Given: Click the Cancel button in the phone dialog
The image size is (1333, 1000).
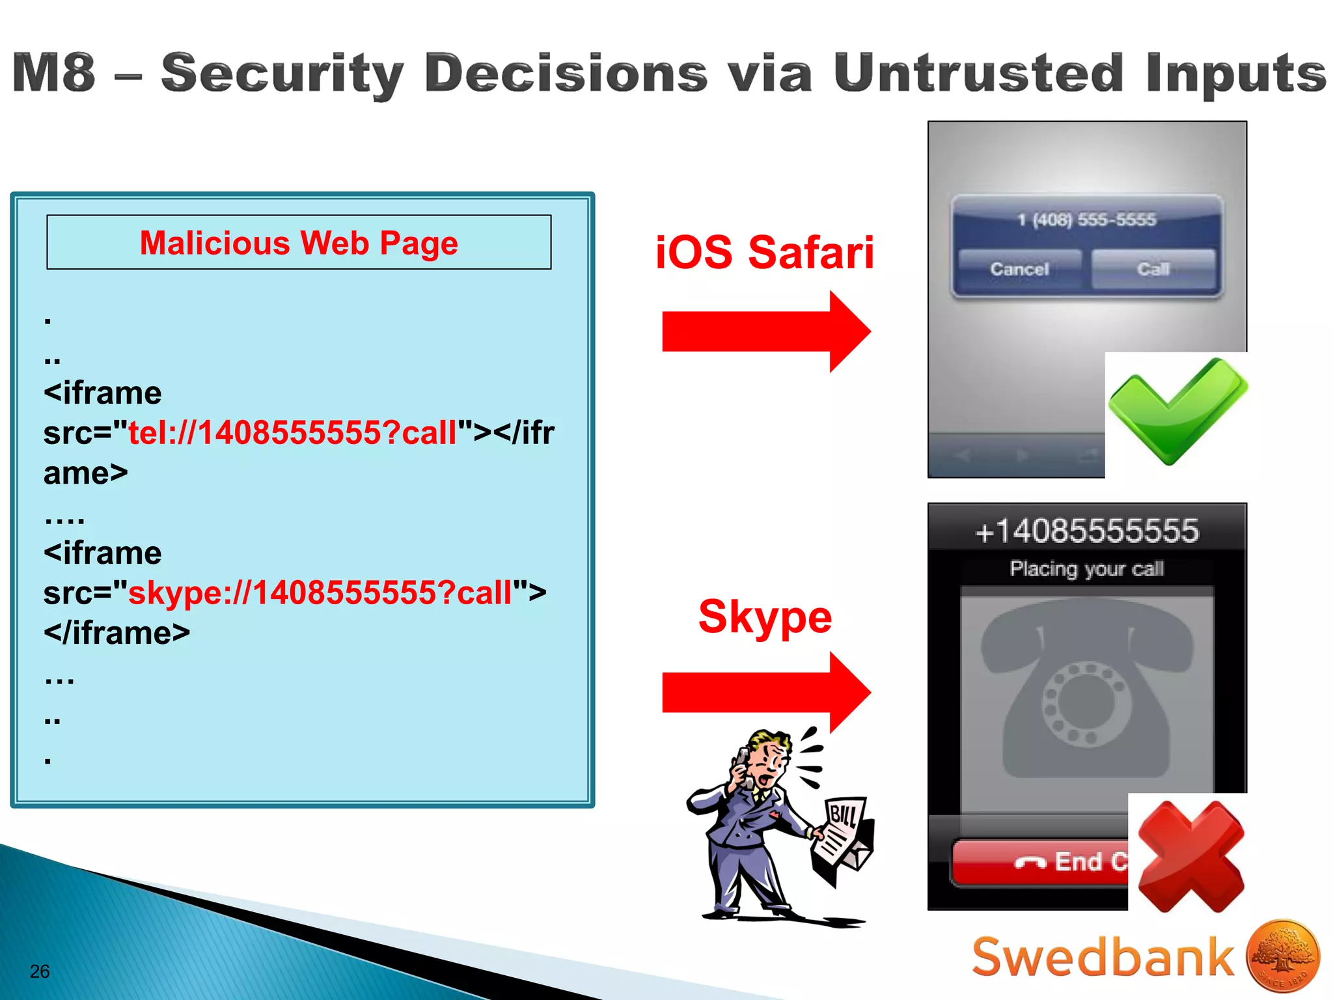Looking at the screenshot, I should (x=1019, y=269).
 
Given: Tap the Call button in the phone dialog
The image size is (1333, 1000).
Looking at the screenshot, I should (x=1153, y=269).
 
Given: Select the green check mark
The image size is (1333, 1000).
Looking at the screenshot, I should (x=1177, y=410).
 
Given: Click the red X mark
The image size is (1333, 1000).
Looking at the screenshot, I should (x=1190, y=856).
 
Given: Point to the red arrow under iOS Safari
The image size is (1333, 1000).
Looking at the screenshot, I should (x=765, y=331).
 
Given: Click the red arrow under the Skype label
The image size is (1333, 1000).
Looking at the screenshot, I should (x=765, y=693).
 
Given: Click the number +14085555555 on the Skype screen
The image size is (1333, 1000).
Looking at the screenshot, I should (x=1087, y=531).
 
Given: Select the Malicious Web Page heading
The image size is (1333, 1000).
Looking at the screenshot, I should (x=299, y=243).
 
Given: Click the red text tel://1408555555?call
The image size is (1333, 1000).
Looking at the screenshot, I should (x=293, y=433).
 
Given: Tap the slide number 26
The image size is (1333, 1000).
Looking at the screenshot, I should (x=40, y=971).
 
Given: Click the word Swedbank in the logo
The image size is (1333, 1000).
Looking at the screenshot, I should (x=1103, y=957).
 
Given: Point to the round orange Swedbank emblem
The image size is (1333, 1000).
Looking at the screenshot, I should (x=1283, y=956).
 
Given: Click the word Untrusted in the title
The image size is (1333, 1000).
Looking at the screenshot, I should (x=978, y=73).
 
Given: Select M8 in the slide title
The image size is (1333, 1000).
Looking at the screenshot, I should (x=54, y=73).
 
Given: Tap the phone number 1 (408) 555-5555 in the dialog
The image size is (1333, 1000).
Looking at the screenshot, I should (x=1087, y=220).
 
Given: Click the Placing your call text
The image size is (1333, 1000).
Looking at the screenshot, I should (x=1087, y=569).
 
